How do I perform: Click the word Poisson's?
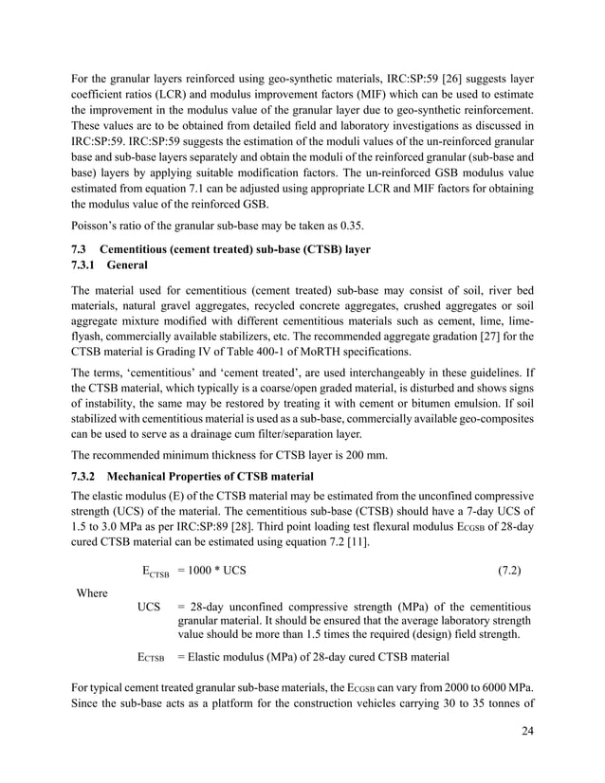click(97, 226)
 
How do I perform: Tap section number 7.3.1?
click(88, 266)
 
